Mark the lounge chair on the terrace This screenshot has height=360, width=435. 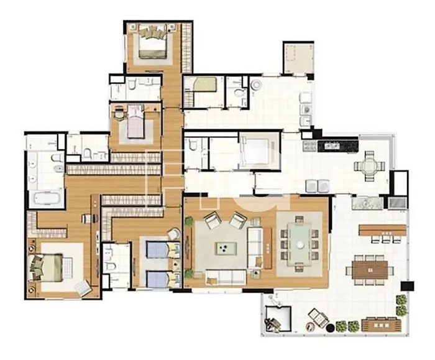point(317,320)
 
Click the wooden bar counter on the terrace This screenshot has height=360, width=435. point(382,229)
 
